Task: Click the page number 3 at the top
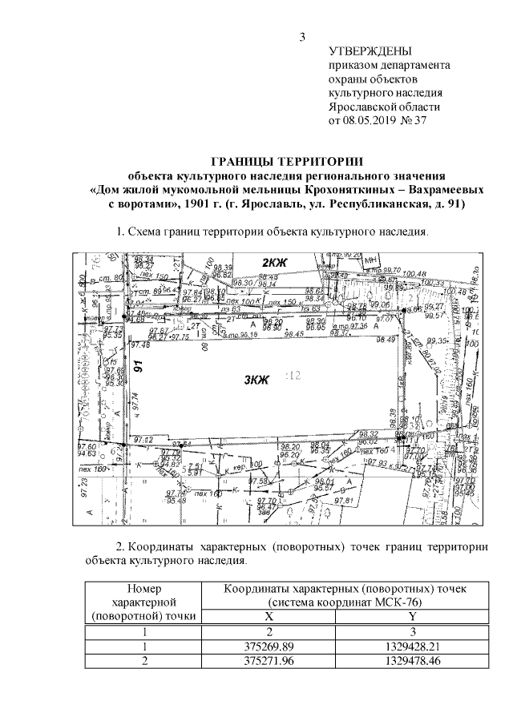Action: (302, 36)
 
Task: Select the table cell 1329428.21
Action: (412, 646)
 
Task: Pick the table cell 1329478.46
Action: (412, 660)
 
